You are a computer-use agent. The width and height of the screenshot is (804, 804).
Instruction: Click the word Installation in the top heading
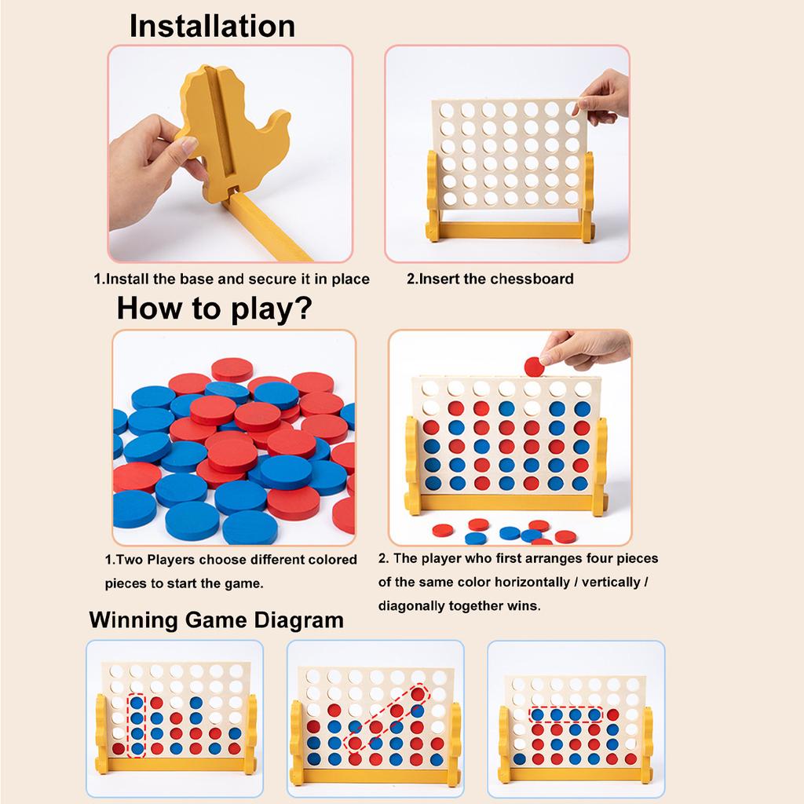click(212, 26)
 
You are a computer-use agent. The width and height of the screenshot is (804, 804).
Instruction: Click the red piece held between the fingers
click(535, 366)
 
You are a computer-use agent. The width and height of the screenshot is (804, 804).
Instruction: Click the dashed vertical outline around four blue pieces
click(137, 725)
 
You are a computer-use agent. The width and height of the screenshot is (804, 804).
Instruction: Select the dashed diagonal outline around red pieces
click(388, 718)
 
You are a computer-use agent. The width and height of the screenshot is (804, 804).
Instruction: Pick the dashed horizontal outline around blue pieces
click(565, 714)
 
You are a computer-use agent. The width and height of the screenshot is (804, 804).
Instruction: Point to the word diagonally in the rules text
click(412, 606)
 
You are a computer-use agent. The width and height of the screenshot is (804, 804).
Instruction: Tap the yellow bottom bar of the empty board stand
click(510, 231)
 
